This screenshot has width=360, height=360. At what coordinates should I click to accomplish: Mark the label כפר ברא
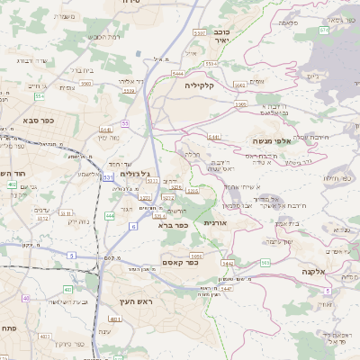(172, 226)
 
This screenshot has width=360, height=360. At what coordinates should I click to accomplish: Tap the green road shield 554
(40, 95)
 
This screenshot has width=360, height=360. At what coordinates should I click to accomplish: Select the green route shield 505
(265, 263)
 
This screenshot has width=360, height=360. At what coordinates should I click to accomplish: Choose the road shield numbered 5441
(214, 137)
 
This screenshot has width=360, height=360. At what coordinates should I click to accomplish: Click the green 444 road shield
(110, 216)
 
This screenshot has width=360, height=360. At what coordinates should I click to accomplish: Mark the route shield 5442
(227, 263)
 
